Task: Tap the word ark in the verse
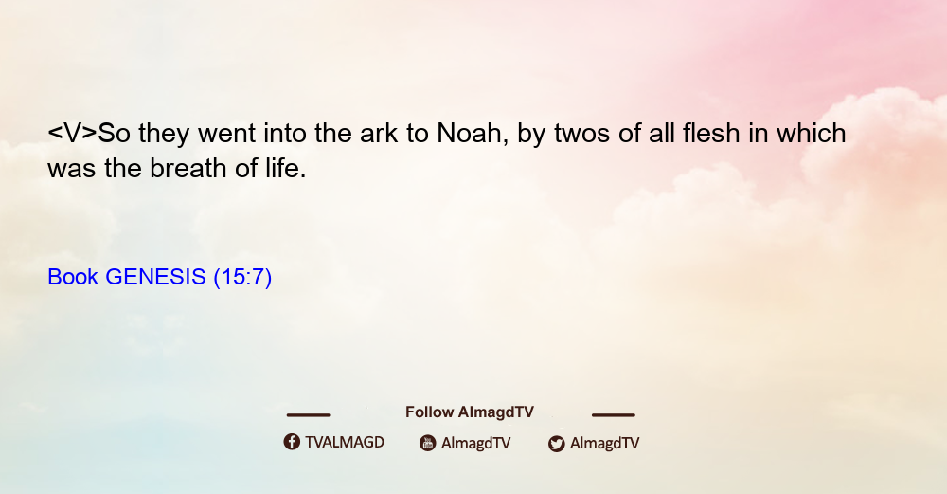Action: (379, 134)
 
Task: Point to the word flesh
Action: (711, 134)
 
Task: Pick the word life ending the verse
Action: (286, 168)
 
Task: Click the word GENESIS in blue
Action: (155, 277)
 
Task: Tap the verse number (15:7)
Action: (242, 278)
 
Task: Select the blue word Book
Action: (73, 277)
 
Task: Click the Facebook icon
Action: (292, 442)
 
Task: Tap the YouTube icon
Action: (428, 443)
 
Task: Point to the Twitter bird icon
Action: (556, 444)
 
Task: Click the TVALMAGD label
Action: (345, 443)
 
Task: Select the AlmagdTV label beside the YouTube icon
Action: (476, 444)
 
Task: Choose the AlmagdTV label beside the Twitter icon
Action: (604, 444)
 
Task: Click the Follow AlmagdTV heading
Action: (470, 412)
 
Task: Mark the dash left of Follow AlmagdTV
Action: (308, 414)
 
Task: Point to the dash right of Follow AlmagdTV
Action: (614, 414)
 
